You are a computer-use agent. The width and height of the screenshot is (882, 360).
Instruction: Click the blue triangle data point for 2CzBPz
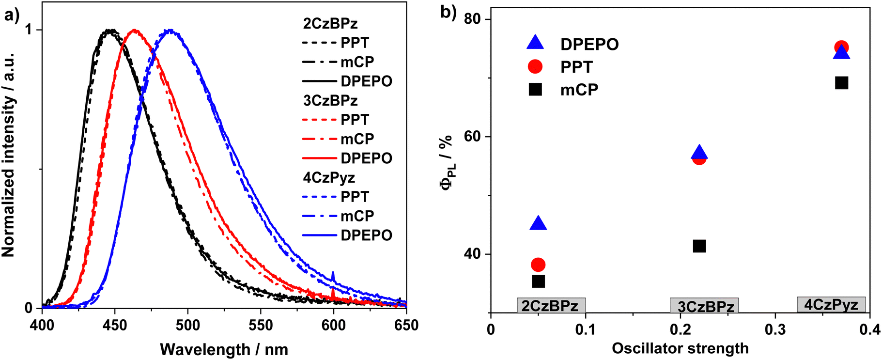coord(538,224)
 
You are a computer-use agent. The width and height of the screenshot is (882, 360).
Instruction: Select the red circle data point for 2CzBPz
coord(538,265)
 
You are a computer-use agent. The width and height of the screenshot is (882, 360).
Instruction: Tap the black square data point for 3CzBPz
coord(699,246)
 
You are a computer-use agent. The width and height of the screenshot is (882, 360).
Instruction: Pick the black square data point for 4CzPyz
coord(841,83)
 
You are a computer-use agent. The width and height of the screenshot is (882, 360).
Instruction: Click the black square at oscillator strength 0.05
coord(538,282)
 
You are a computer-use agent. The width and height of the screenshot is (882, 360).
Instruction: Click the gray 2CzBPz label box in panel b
coord(551,306)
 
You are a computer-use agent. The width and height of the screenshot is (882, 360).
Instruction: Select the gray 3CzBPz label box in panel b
coord(704,306)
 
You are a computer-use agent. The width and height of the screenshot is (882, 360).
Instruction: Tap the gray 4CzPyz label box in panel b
coord(831,304)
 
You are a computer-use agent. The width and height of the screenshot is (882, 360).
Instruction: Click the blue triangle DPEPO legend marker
coord(535,43)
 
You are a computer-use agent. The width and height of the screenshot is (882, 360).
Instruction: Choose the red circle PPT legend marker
coord(535,66)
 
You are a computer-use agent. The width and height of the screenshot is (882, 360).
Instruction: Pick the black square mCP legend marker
coord(535,89)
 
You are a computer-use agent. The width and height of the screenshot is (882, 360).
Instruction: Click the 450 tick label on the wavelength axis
coord(115,325)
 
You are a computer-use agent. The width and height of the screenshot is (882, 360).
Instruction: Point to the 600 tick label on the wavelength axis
coord(333,325)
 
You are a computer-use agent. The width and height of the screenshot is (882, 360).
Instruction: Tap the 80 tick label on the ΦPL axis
coord(473,19)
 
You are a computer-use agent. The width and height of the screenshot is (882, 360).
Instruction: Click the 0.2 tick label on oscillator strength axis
coord(680,330)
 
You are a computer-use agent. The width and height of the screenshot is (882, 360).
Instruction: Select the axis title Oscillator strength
coord(680,348)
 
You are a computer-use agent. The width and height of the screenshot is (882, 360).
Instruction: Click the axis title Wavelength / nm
coord(224,349)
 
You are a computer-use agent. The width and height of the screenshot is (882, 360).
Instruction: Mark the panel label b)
coord(448,12)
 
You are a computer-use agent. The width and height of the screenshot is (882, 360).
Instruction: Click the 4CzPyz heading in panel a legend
coord(329,178)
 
